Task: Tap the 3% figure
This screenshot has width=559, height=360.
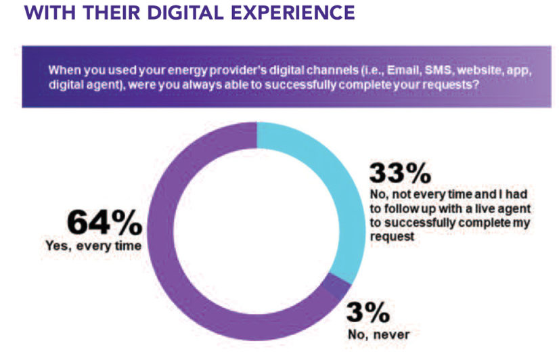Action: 368,312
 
